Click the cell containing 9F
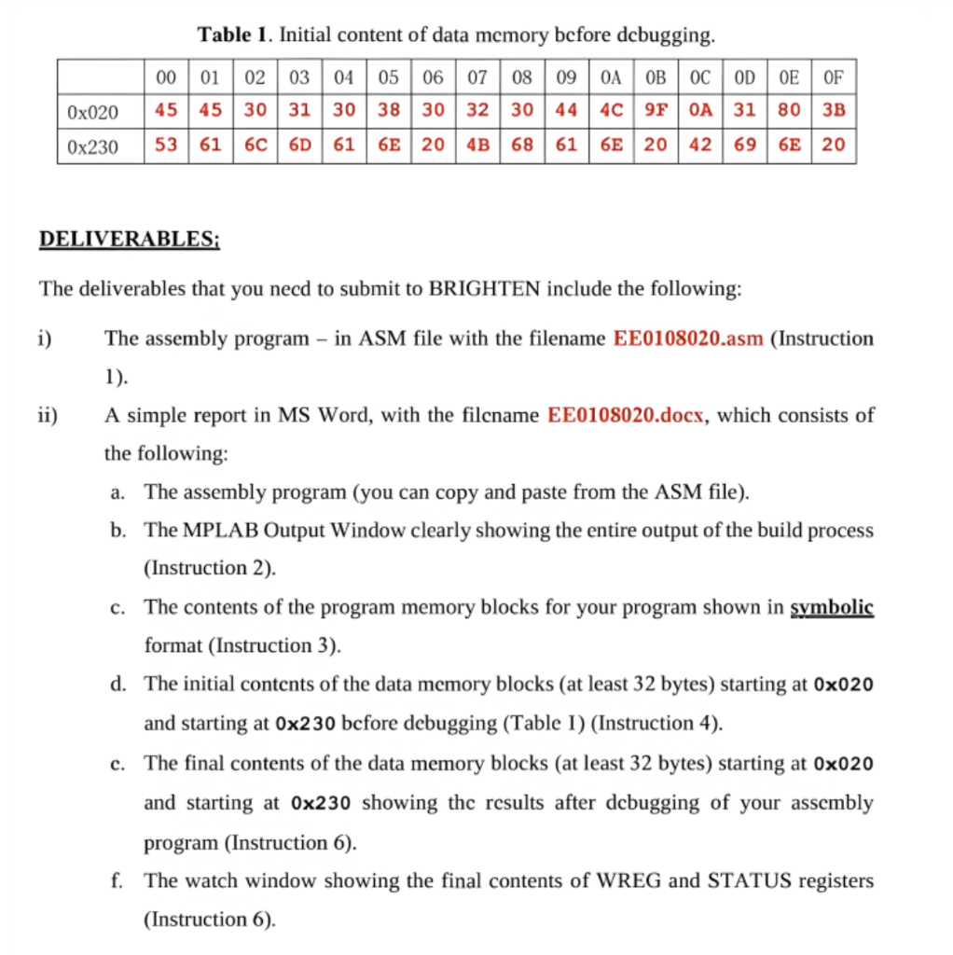click(x=656, y=110)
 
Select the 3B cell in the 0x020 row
click(x=834, y=110)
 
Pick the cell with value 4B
click(x=476, y=145)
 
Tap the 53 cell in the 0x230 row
click(x=166, y=145)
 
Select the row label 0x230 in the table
click(x=93, y=146)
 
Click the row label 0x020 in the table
click(x=93, y=112)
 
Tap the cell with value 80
click(x=789, y=110)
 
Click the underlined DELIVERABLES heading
click(x=129, y=239)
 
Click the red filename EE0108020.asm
click(x=688, y=339)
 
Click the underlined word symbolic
click(x=831, y=607)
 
